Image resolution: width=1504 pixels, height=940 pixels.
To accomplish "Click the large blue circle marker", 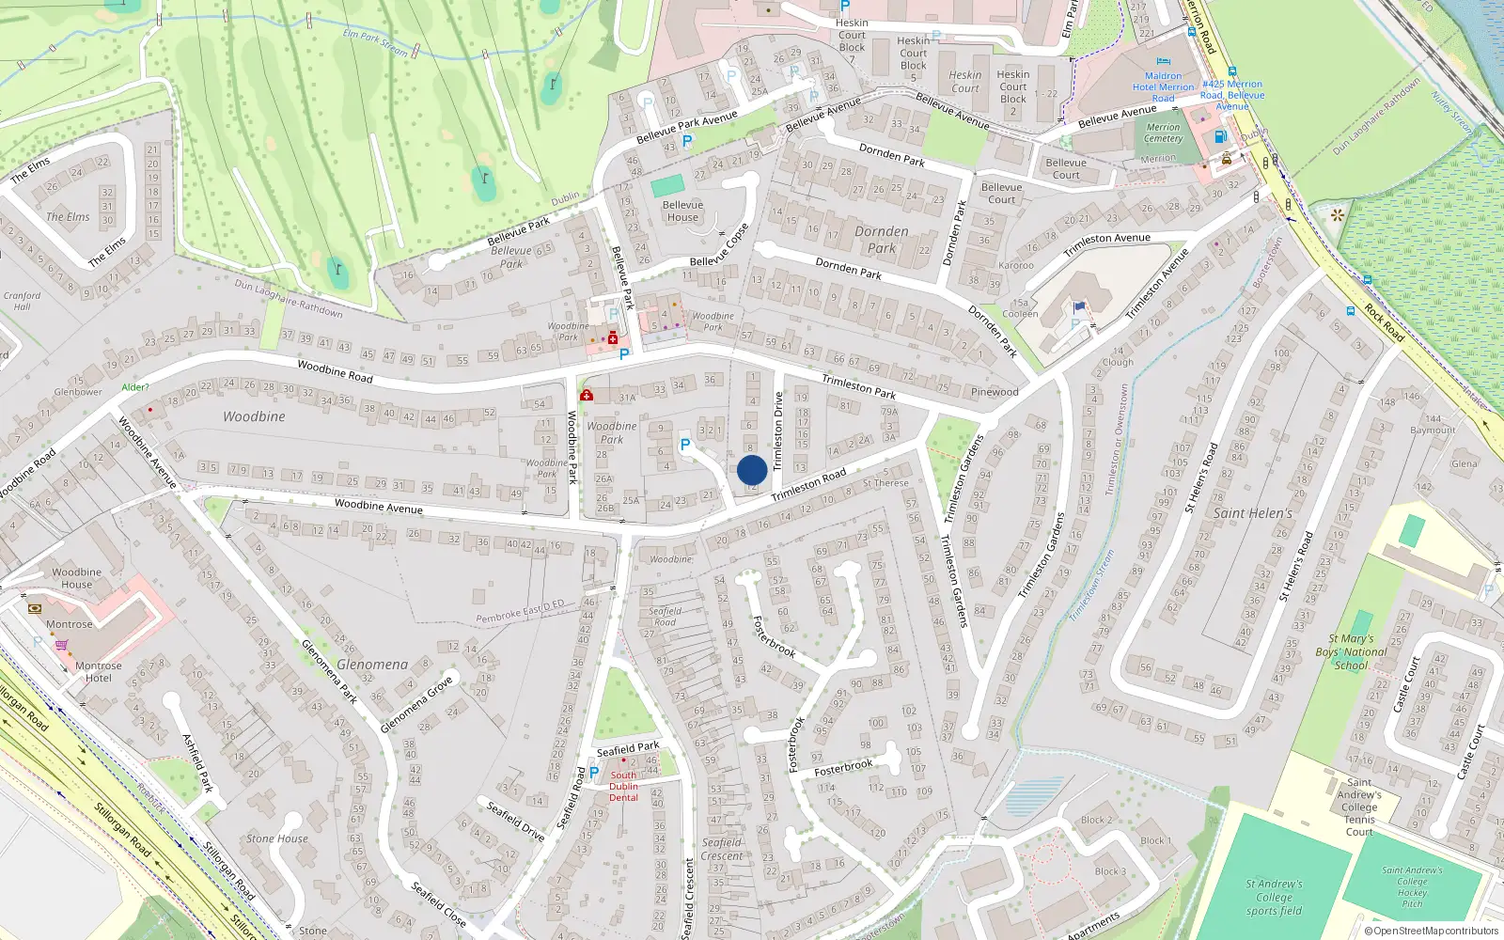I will [752, 470].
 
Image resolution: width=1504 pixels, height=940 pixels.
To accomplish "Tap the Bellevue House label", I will [682, 211].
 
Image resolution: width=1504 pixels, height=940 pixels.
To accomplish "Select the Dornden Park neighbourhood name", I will [881, 240].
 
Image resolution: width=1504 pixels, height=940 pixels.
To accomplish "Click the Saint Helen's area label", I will [1252, 513].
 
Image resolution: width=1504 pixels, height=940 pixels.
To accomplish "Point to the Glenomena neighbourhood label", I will [372, 665].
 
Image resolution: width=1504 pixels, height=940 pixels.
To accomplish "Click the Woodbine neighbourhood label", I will [254, 416].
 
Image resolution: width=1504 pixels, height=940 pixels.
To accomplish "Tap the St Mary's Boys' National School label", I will [1351, 651].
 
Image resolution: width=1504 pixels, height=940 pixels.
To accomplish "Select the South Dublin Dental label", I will [623, 787].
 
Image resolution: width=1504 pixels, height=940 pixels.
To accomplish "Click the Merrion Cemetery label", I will [1163, 133].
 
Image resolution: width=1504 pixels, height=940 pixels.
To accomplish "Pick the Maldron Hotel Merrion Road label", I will [1163, 86].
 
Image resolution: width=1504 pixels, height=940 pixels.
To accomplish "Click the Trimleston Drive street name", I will [778, 431].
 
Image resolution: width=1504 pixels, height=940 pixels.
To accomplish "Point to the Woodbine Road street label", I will [335, 371].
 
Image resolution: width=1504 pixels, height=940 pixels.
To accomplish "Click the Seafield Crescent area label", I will [722, 849].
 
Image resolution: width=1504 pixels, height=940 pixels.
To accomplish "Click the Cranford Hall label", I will [22, 301].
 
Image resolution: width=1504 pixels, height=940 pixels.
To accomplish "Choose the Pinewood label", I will [995, 392].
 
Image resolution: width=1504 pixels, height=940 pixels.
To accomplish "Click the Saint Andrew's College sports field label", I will [1274, 897].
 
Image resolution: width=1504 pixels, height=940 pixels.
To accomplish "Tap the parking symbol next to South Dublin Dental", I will [593, 773].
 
